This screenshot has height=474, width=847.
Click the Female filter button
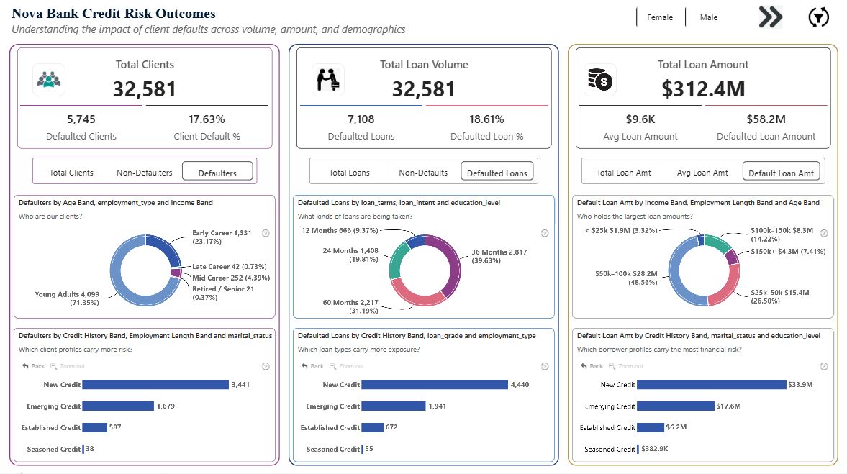tap(660, 17)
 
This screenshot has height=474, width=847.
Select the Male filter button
tap(709, 17)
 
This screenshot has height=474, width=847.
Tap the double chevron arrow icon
tap(770, 17)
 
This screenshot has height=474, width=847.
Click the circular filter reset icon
tap(819, 17)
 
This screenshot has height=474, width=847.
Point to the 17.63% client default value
tap(207, 119)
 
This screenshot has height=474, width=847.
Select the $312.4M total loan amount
tap(703, 89)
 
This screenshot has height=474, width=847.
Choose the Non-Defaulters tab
tap(145, 173)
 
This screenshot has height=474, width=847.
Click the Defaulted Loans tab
tap(497, 173)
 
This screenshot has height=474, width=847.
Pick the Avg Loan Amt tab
tap(702, 173)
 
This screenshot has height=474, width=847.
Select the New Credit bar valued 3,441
tap(155, 385)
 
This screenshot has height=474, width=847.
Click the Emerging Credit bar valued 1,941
tap(393, 406)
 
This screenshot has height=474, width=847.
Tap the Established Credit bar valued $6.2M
tap(651, 427)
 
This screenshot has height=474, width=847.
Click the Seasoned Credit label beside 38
tap(54, 450)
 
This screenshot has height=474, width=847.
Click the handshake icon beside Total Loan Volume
tap(328, 80)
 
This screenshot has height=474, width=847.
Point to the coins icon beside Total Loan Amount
tap(599, 80)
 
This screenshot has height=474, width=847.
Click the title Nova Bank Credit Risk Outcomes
tap(113, 14)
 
